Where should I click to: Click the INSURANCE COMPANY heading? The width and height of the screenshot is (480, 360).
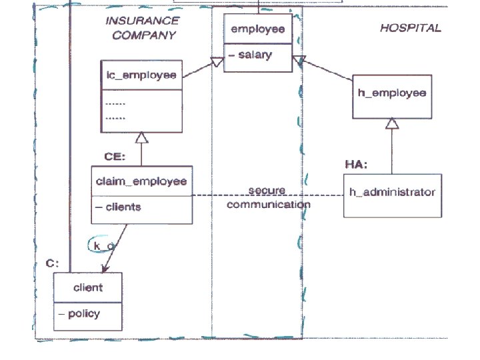(x=142, y=27)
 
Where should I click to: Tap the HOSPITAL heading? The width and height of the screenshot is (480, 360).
(x=410, y=28)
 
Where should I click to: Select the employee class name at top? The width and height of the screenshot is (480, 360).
(x=257, y=29)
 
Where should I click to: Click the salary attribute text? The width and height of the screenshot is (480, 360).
(x=249, y=55)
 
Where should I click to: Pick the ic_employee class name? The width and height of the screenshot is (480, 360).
(x=141, y=75)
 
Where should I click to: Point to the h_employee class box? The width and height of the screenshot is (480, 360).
(x=391, y=94)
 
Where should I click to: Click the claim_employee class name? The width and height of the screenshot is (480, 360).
(x=141, y=181)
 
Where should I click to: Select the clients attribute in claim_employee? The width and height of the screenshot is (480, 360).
(x=119, y=207)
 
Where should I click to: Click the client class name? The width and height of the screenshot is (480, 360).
(x=88, y=287)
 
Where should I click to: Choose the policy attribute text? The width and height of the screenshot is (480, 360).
(x=80, y=313)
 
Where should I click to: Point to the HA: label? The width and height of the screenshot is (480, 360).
(x=356, y=163)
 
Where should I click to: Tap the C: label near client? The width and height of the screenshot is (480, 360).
(x=53, y=263)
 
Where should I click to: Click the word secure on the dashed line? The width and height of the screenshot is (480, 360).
(x=267, y=191)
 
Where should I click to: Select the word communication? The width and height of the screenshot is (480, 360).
(x=268, y=204)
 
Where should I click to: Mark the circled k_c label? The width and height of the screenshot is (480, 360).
(x=103, y=245)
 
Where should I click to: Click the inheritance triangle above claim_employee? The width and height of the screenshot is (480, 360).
(x=141, y=137)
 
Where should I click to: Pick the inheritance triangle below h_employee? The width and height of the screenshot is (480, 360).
(x=392, y=123)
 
